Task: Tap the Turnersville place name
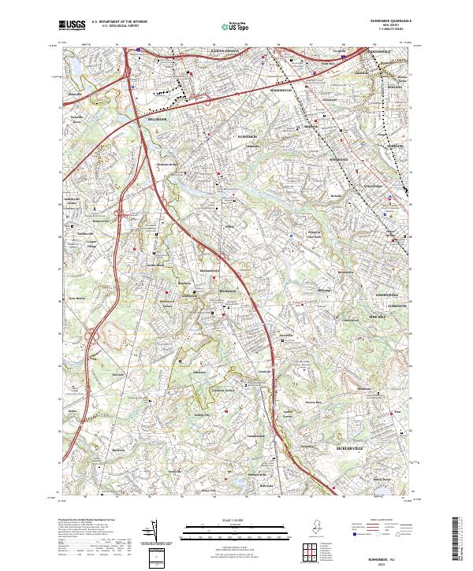[252, 436]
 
